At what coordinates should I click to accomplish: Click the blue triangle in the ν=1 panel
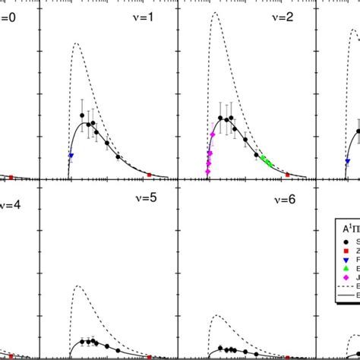(71, 156)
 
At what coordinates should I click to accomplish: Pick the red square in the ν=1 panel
(150, 175)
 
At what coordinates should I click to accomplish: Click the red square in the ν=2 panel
(288, 175)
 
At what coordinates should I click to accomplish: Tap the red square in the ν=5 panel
(150, 356)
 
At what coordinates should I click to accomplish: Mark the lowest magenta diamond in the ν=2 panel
(207, 172)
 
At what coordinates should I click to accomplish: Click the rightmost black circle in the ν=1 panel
(118, 157)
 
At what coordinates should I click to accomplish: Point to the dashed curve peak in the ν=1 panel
(75, 44)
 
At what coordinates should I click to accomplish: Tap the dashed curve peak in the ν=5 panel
(76, 286)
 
